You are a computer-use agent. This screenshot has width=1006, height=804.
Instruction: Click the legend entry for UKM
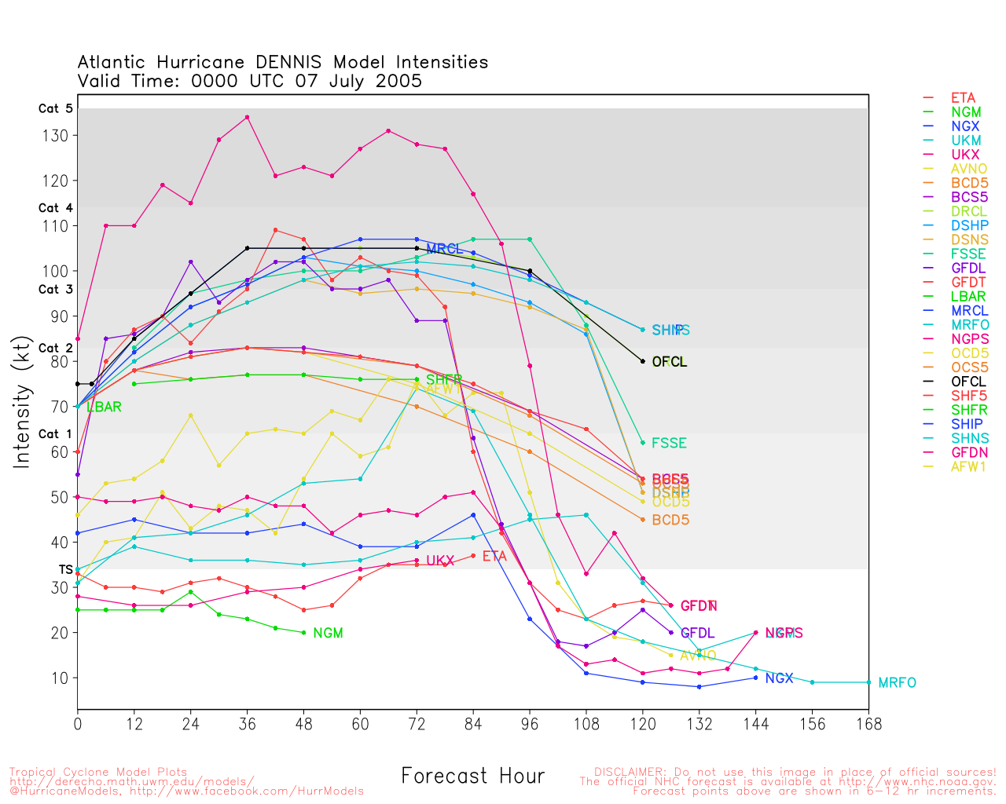[966, 141]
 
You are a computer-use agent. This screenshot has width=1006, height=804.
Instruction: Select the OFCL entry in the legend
[968, 382]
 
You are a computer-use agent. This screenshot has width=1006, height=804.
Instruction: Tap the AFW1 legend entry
[968, 466]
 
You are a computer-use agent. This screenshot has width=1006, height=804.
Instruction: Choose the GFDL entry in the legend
[968, 268]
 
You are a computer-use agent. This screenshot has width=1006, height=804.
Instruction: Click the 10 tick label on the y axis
[60, 678]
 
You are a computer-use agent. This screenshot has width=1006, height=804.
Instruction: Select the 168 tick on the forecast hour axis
[868, 724]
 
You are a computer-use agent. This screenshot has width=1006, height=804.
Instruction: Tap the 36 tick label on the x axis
[247, 724]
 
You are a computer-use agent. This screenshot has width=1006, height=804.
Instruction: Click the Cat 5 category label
[55, 109]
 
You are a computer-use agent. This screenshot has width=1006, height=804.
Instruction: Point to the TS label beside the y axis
[66, 569]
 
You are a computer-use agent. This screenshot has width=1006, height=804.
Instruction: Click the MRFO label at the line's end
[897, 683]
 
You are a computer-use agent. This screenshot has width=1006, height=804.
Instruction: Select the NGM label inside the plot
[328, 634]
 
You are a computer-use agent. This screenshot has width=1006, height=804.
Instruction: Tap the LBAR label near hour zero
[104, 407]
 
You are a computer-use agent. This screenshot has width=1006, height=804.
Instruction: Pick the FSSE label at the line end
[669, 444]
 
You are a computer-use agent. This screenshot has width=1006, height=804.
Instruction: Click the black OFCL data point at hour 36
[248, 248]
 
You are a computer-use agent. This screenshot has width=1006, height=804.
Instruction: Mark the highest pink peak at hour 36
[248, 118]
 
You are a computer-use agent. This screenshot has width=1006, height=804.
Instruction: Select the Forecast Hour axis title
[472, 777]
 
